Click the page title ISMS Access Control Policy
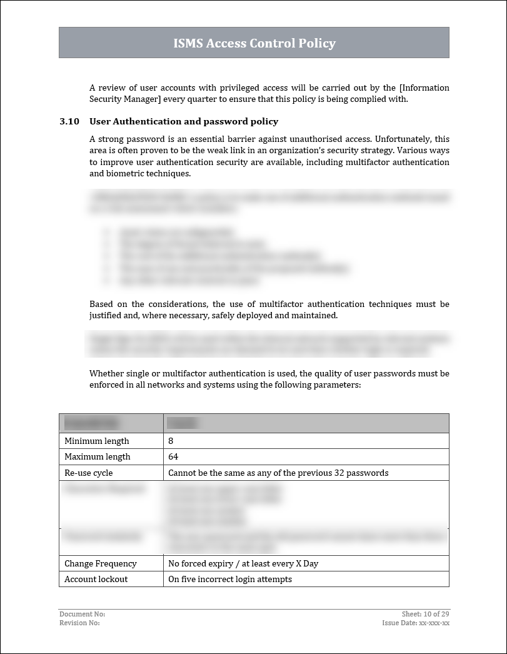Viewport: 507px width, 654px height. coord(254,43)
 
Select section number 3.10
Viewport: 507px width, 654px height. coord(69,121)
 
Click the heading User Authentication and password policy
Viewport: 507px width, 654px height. coord(184,121)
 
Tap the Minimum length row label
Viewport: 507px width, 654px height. coord(97,441)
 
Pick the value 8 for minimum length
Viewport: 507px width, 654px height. coord(171,441)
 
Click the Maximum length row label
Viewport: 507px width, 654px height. coord(98,456)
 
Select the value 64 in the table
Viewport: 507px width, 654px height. coord(173,456)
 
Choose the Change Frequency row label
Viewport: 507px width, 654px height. coord(101,563)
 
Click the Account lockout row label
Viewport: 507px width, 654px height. coord(96,579)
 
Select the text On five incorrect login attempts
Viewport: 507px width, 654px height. coord(230,579)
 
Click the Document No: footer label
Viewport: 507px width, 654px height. coord(82,615)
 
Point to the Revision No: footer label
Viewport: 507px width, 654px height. coord(79,623)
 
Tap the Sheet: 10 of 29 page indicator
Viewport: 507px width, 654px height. coord(425,615)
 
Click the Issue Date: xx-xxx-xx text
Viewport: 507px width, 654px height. coord(416,623)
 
